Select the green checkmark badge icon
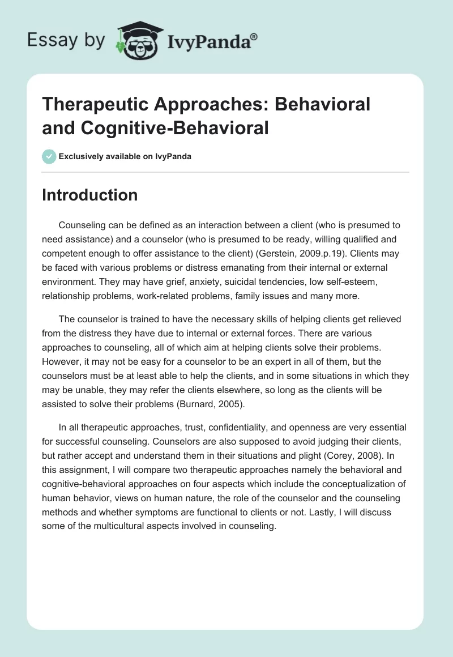49,156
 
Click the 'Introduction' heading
90,195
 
